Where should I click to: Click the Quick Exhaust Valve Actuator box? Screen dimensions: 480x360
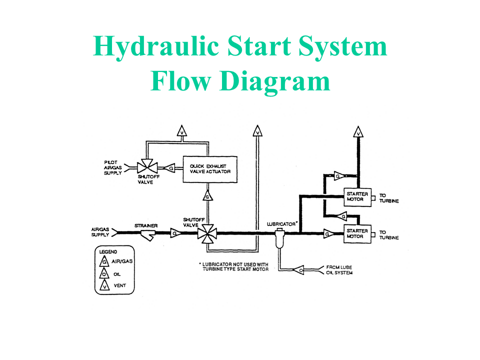pyautogui.click(x=210, y=169)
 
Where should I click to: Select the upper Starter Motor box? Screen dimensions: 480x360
pyautogui.click(x=357, y=197)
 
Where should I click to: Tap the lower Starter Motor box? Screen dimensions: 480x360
pyautogui.click(x=357, y=234)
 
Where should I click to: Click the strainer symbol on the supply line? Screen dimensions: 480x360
pyautogui.click(x=148, y=235)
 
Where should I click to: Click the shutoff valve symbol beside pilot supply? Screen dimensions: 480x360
pyautogui.click(x=147, y=167)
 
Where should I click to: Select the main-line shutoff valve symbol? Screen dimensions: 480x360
pyautogui.click(x=207, y=234)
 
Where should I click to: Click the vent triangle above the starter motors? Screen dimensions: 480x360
pyautogui.click(x=358, y=132)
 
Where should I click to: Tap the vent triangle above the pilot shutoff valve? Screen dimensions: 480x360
pyautogui.click(x=182, y=131)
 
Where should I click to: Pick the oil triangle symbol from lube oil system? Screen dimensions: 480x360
pyautogui.click(x=299, y=270)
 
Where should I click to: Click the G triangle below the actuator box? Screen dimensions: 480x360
pyautogui.click(x=208, y=195)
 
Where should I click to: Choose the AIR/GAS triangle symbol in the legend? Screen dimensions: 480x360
pyautogui.click(x=104, y=261)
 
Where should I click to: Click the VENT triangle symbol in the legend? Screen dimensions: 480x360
pyautogui.click(x=104, y=285)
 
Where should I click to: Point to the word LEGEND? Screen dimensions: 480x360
pyautogui.click(x=108, y=251)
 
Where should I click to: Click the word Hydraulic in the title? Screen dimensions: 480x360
pyautogui.click(x=156, y=47)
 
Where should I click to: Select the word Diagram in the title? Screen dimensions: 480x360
pyautogui.click(x=274, y=81)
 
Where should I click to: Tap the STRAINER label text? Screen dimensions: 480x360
pyautogui.click(x=146, y=225)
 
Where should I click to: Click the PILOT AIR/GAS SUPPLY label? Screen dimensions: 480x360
pyautogui.click(x=112, y=167)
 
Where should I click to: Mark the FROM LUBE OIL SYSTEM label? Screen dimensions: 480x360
pyautogui.click(x=339, y=270)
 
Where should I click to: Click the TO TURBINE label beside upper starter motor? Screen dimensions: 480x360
pyautogui.click(x=389, y=198)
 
